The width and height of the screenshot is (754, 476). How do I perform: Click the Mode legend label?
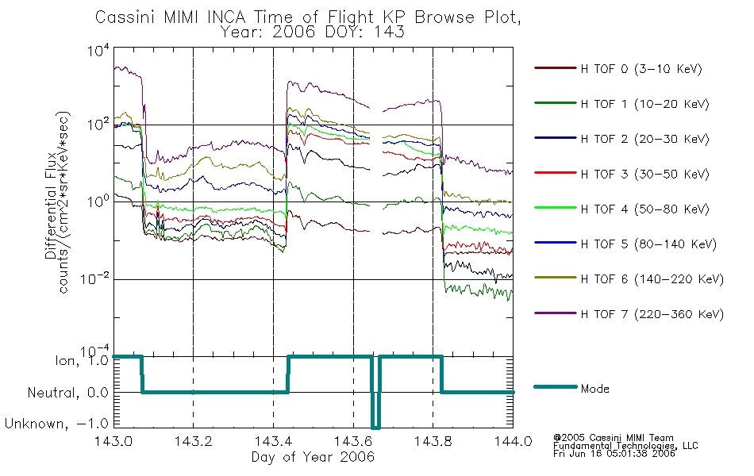594,389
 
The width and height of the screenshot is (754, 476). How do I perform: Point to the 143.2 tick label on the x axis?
194,441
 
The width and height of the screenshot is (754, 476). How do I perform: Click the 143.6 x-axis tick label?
353,441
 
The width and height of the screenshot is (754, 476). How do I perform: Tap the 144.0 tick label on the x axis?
513,441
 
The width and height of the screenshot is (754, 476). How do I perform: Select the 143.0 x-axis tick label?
113,441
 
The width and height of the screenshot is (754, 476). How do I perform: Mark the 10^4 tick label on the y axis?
98,50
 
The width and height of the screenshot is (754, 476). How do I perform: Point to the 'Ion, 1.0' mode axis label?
82,361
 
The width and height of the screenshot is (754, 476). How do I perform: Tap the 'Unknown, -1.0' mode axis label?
56,424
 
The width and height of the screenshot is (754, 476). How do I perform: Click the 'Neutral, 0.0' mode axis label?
68,393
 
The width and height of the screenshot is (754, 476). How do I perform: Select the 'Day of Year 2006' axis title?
313,457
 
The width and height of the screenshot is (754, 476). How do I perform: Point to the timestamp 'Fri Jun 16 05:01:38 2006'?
614,453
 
